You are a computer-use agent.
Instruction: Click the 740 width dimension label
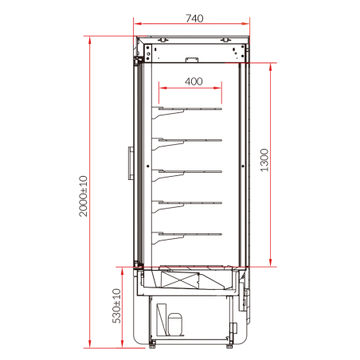pyautogui.click(x=194, y=18)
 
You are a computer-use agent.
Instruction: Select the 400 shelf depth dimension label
pyautogui.click(x=194, y=81)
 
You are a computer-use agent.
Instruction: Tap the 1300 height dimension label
pyautogui.click(x=264, y=160)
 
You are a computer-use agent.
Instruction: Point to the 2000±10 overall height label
pyautogui.click(x=83, y=196)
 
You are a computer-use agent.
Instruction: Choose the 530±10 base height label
pyautogui.click(x=116, y=306)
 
